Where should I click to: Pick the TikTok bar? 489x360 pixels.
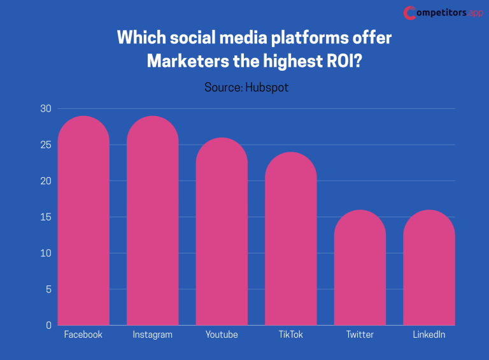click(x=290, y=238)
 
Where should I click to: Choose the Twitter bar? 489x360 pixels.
click(x=360, y=268)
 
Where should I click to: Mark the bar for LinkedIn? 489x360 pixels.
click(x=429, y=268)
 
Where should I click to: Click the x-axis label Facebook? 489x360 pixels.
click(x=83, y=335)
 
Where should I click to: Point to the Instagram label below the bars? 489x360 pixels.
click(x=152, y=335)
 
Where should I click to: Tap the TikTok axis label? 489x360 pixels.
click(x=290, y=335)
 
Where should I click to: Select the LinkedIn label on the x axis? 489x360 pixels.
click(x=429, y=335)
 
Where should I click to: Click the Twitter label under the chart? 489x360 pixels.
click(x=360, y=335)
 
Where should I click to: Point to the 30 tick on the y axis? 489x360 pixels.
click(x=45, y=109)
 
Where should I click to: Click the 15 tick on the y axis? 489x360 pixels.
click(x=45, y=217)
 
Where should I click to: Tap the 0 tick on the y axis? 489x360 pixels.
click(x=48, y=326)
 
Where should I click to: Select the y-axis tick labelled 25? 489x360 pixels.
click(x=45, y=145)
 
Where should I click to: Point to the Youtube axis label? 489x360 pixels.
click(x=222, y=335)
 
